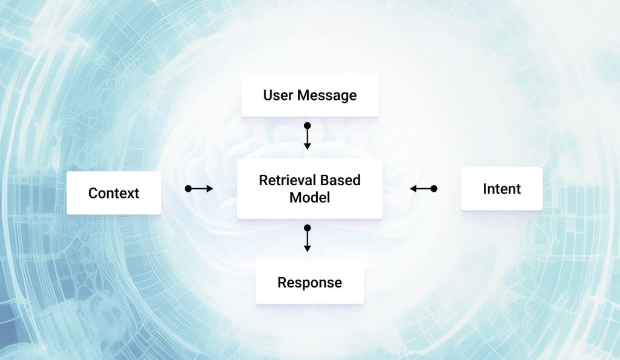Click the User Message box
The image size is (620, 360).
click(x=309, y=95)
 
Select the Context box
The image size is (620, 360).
click(x=113, y=193)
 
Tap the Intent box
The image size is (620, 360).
click(x=502, y=189)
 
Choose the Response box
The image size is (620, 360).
click(x=309, y=283)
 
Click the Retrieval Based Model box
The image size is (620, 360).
click(x=309, y=189)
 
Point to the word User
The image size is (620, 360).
click(x=278, y=95)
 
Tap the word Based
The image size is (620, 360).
click(x=340, y=180)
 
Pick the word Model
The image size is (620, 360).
click(x=309, y=198)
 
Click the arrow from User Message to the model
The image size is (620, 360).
click(x=307, y=136)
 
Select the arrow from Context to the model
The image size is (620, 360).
click(x=199, y=189)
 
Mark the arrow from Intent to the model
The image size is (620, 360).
click(x=423, y=189)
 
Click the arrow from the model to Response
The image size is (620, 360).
click(x=307, y=238)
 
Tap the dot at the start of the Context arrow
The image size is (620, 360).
click(x=188, y=189)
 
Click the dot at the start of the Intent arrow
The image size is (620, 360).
click(x=434, y=189)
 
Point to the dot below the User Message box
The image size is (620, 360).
click(x=307, y=126)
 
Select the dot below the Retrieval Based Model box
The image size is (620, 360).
click(x=307, y=228)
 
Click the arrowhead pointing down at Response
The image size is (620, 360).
click(x=307, y=249)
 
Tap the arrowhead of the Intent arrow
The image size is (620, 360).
click(x=413, y=189)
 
